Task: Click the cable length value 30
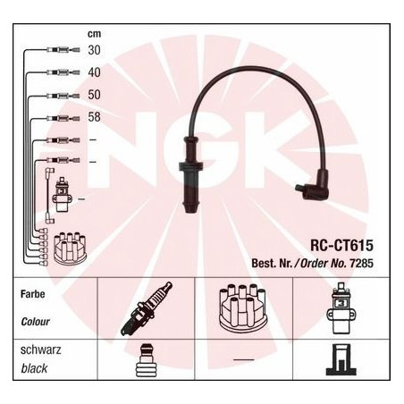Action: tap(94, 50)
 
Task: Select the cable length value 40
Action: tap(94, 72)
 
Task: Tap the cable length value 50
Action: tap(94, 95)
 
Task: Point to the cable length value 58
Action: tap(94, 117)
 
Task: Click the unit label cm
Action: tap(94, 34)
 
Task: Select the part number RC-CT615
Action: tap(341, 246)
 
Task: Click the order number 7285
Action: tap(361, 263)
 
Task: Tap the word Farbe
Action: tap(33, 294)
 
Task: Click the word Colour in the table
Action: tap(35, 322)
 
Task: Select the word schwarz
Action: tap(40, 349)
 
